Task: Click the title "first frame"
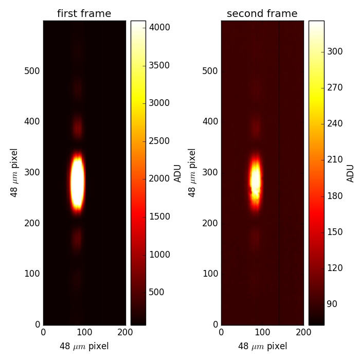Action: [84, 14]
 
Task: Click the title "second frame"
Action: [262, 14]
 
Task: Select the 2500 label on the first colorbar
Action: [159, 141]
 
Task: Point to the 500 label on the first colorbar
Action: [156, 292]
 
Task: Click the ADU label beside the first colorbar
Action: [178, 173]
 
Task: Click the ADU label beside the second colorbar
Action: [351, 173]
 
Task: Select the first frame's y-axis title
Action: [14, 173]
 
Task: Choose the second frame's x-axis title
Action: [262, 346]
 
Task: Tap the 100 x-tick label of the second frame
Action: [262, 332]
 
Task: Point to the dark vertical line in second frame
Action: [279, 173]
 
